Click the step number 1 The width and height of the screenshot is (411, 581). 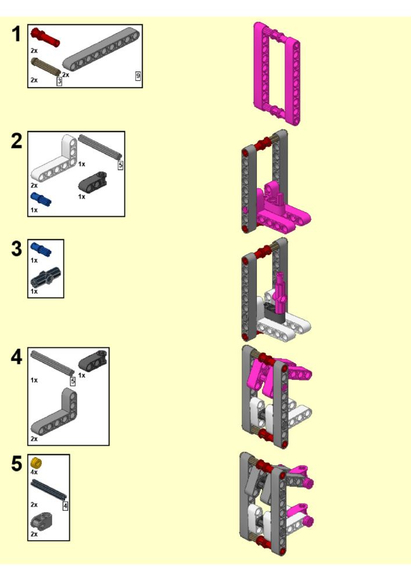(16, 34)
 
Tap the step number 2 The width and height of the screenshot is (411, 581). (17, 141)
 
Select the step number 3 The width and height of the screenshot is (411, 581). (17, 249)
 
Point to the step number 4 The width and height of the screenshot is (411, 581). (17, 357)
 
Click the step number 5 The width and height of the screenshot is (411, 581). (17, 464)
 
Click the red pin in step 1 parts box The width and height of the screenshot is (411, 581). (45, 37)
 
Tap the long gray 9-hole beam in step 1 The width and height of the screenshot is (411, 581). (101, 49)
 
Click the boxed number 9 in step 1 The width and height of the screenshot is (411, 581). (138, 76)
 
